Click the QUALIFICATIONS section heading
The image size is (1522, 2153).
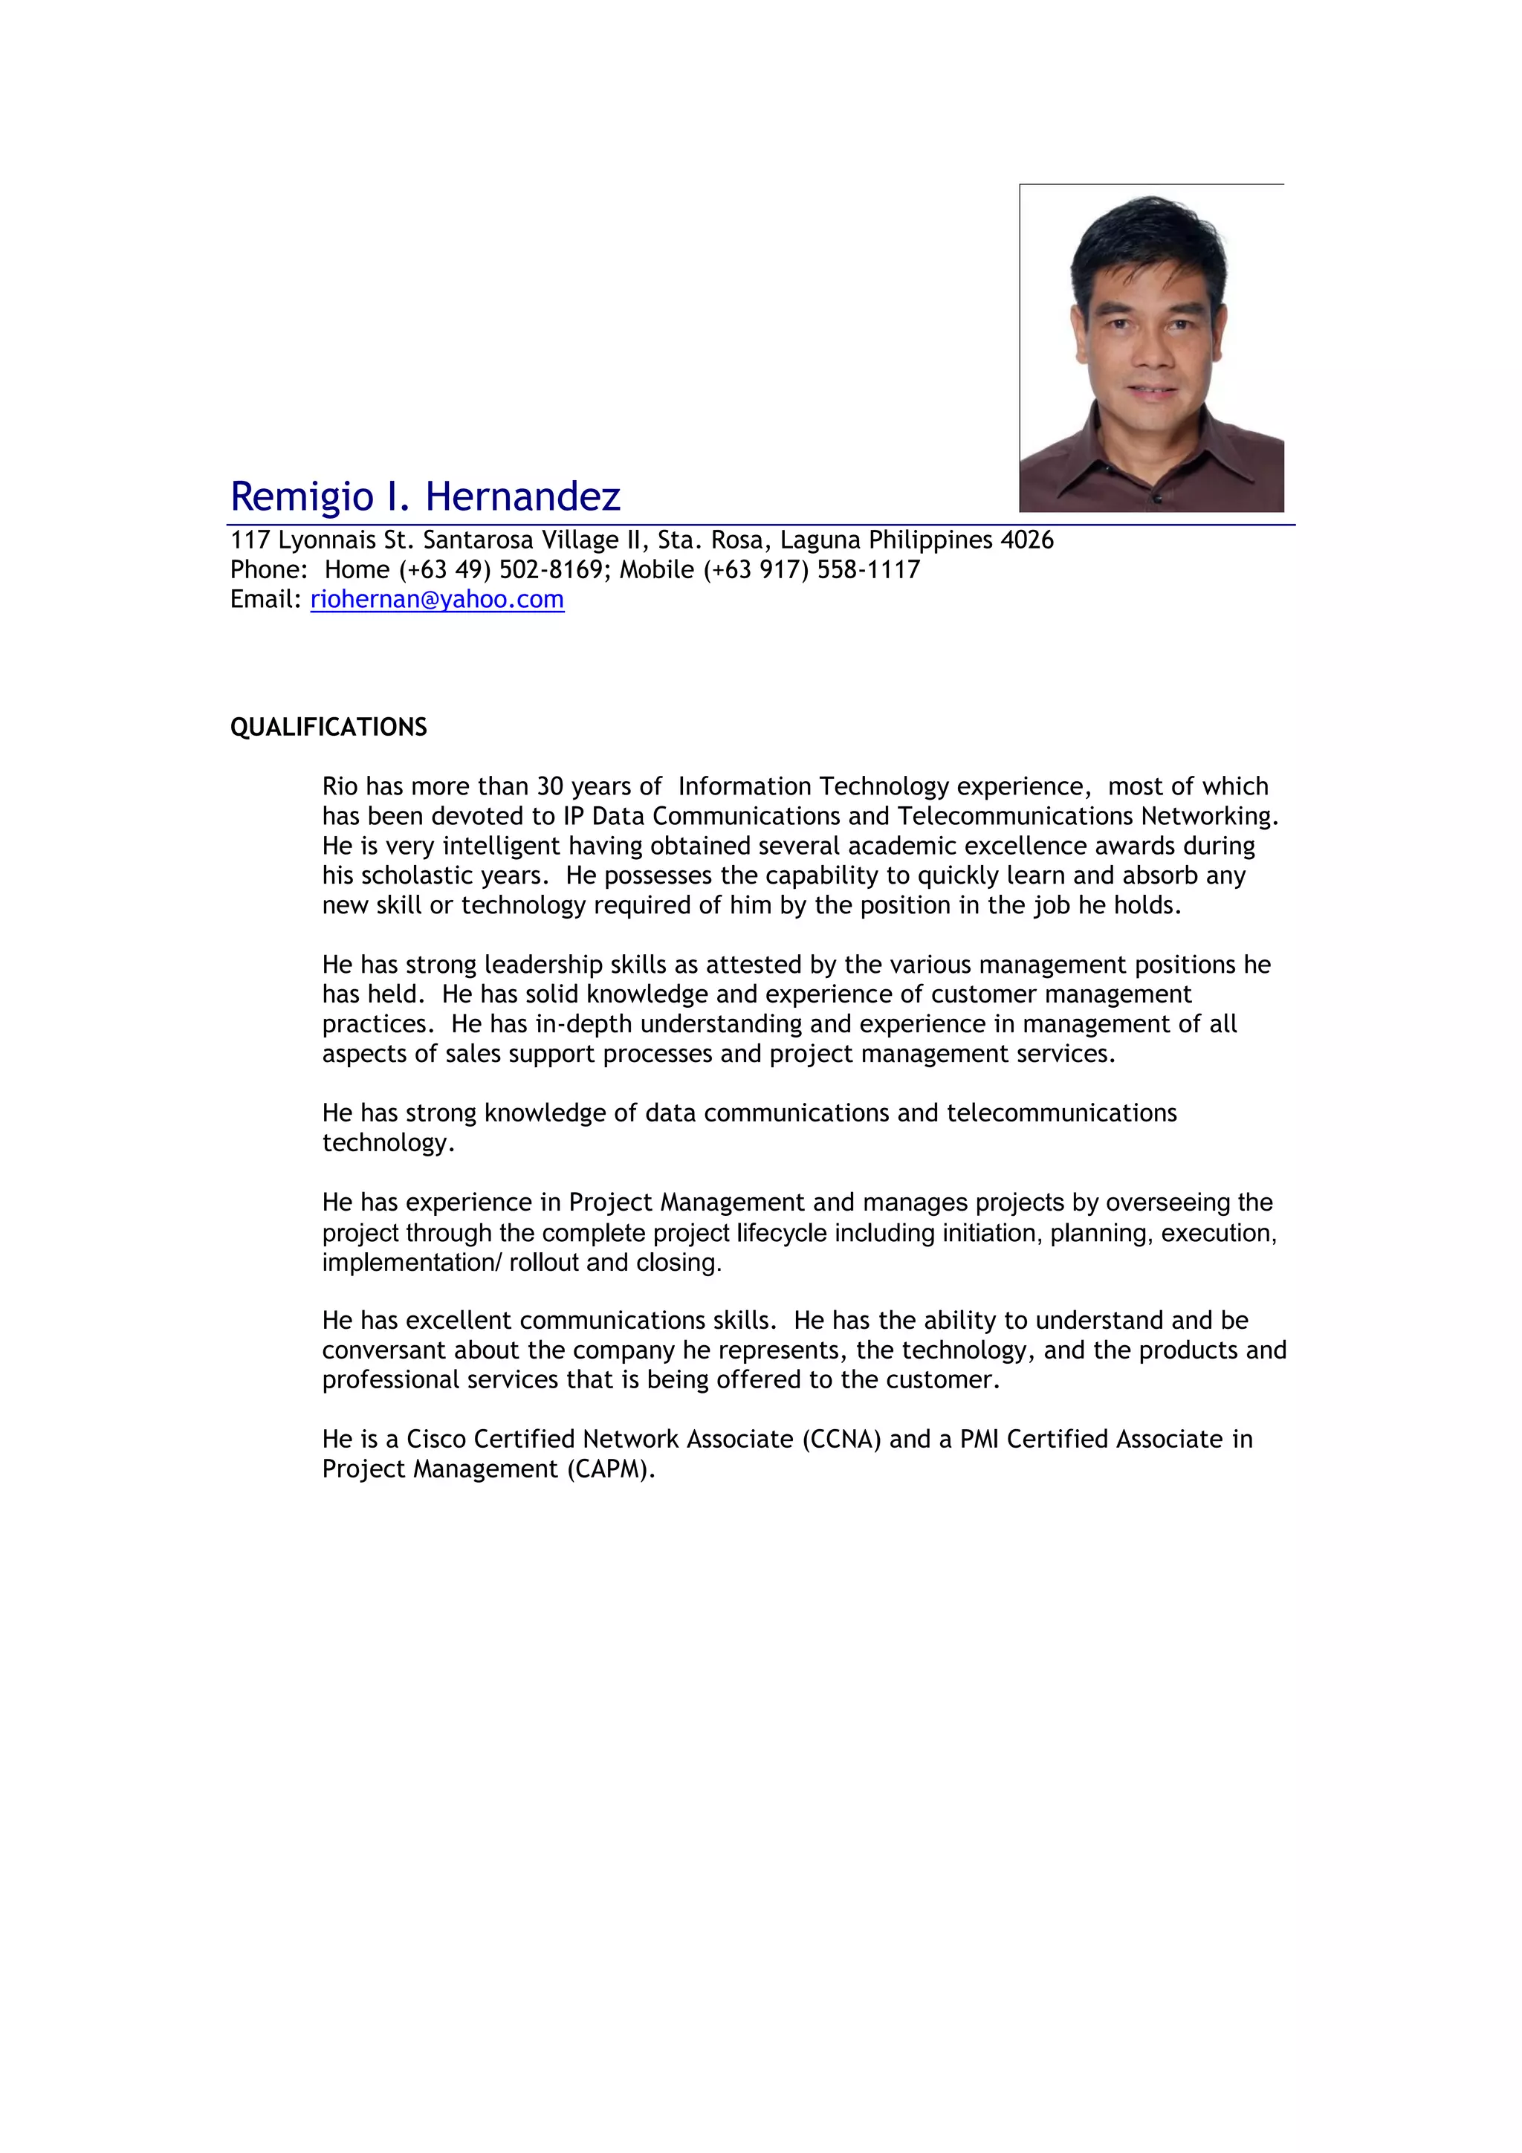[328, 727]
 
